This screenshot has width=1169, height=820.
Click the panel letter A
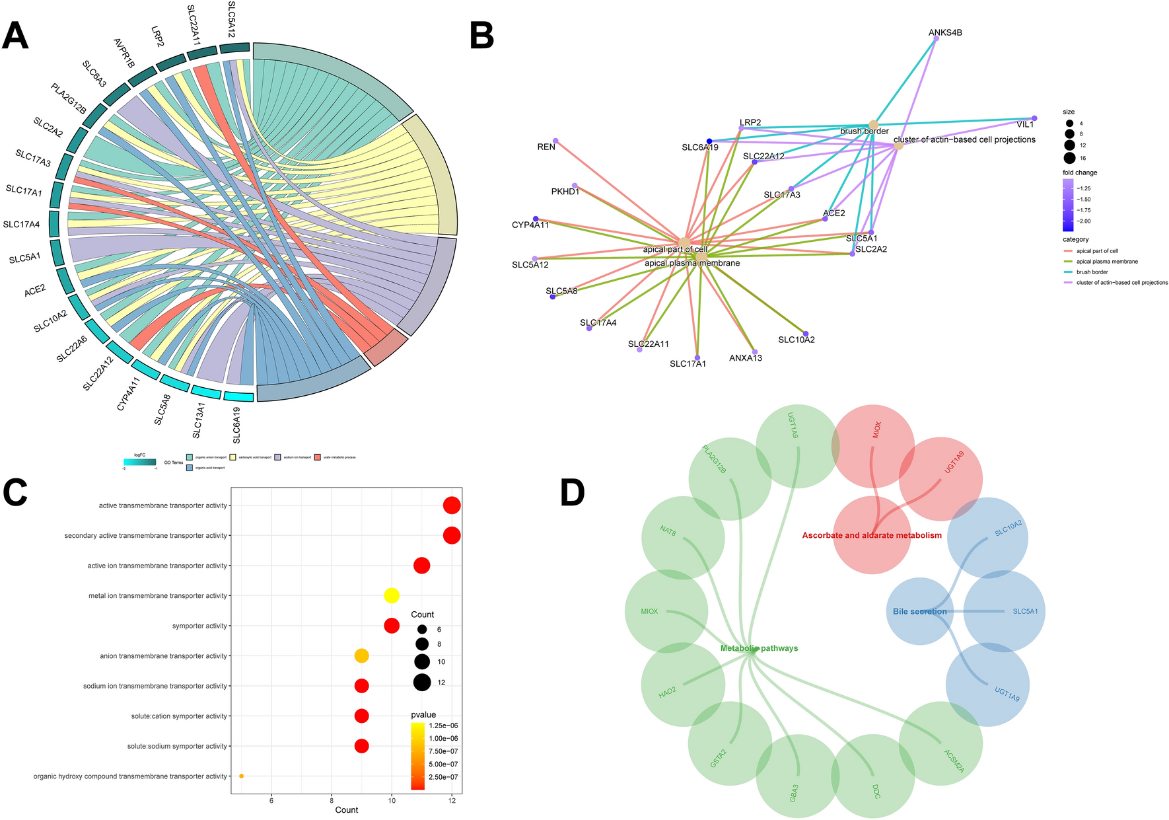click(16, 36)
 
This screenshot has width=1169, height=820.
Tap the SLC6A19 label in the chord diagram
click(236, 425)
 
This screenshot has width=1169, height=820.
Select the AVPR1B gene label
click(124, 53)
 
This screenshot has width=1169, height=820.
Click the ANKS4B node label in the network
click(944, 32)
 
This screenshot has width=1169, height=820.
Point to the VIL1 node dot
click(1034, 118)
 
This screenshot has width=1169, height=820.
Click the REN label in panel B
click(546, 147)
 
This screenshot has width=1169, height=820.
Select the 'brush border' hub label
click(864, 131)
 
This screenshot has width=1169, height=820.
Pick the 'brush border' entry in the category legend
click(1092, 272)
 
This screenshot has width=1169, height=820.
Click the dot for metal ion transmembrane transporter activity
click(392, 596)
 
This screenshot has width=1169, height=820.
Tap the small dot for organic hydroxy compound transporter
click(241, 776)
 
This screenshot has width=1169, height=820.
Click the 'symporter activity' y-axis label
click(199, 626)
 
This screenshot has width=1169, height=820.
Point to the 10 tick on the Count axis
click(392, 801)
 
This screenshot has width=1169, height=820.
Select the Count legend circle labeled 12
click(422, 683)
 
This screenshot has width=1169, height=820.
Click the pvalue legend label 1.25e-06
click(443, 726)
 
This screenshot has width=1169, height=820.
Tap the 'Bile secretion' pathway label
click(919, 611)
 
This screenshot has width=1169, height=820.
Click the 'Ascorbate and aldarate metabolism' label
click(872, 535)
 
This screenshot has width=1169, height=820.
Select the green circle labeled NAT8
click(682, 537)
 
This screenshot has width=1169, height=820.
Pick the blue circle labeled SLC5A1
click(1005, 611)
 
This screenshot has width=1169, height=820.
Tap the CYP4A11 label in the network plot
click(530, 225)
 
